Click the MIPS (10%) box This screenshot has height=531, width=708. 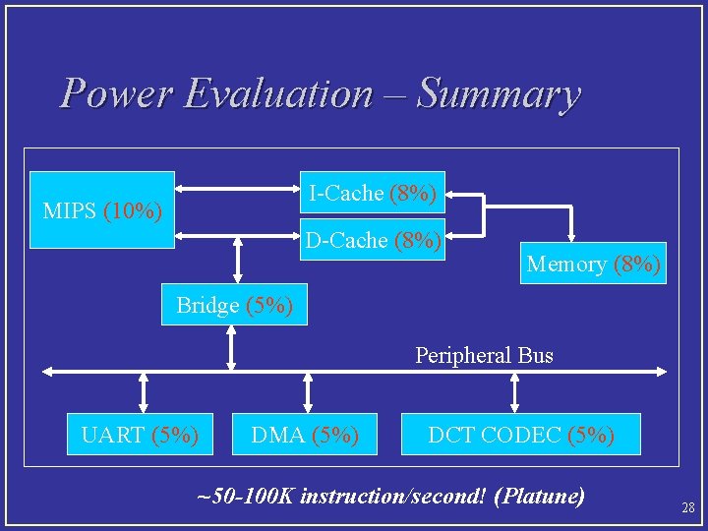point(103,209)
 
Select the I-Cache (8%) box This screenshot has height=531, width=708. point(373,194)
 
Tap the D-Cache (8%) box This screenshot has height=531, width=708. point(373,240)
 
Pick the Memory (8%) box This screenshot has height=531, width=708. point(593,264)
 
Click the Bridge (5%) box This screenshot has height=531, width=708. point(234,305)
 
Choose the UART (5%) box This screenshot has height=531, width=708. point(140,435)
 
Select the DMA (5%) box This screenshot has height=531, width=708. point(305,435)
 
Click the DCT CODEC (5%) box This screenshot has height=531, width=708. point(520,435)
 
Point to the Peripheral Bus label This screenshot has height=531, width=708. point(484,355)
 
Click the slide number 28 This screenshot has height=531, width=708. point(688,507)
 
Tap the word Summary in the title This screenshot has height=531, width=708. point(499,94)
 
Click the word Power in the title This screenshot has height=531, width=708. point(117,94)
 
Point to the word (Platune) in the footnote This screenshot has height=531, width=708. point(540,496)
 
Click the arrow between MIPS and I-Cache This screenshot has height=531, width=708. point(237,188)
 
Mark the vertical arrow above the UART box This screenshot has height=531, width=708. point(144,392)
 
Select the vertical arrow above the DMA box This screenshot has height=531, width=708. point(309,392)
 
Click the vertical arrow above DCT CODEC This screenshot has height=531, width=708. point(513,392)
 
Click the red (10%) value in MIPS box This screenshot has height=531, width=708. point(133,210)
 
